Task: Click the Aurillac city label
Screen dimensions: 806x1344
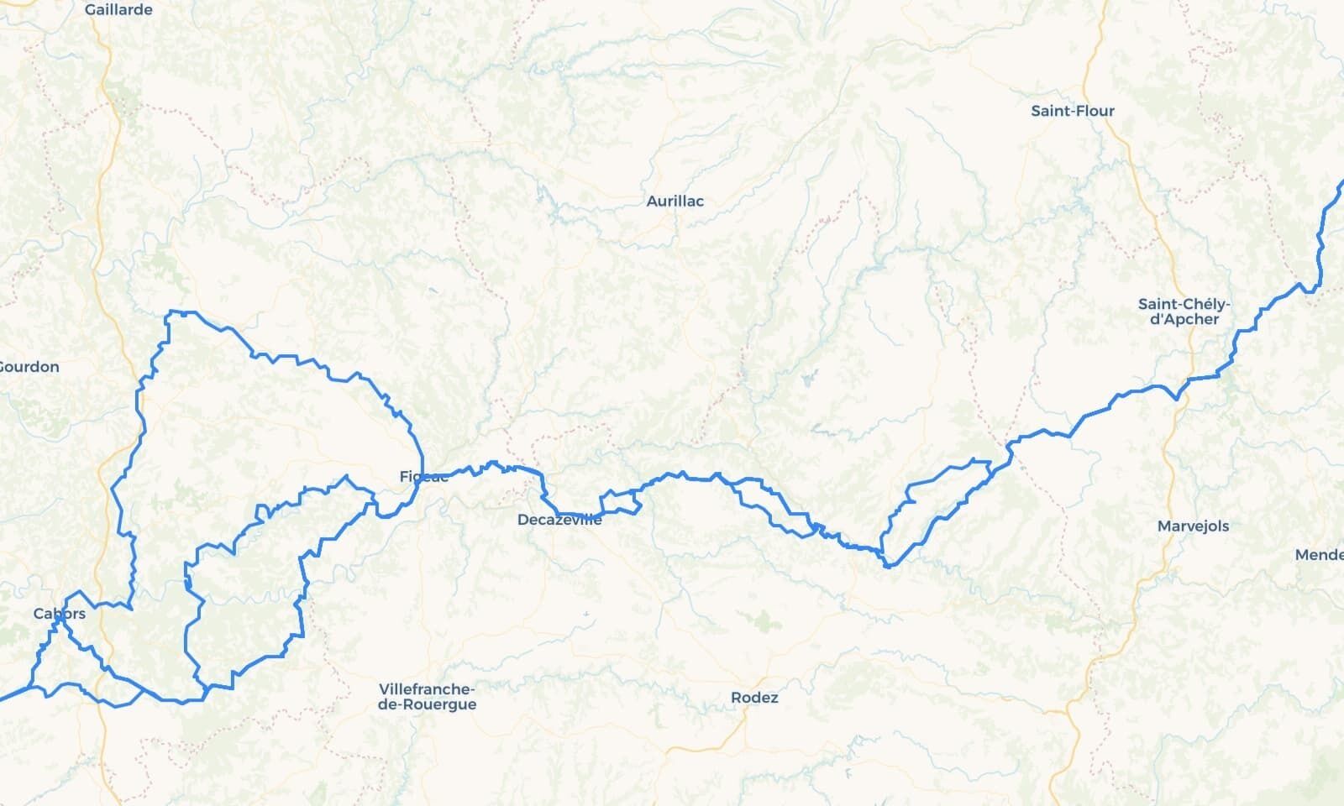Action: click(x=675, y=201)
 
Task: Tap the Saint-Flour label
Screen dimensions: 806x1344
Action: click(x=1073, y=111)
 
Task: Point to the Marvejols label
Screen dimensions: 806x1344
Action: click(x=1193, y=526)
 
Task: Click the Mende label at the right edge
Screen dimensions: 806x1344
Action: click(x=1319, y=555)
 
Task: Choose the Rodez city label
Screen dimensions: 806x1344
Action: click(x=754, y=698)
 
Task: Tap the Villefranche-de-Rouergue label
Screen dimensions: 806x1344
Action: click(x=427, y=697)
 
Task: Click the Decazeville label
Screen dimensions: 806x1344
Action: click(x=559, y=521)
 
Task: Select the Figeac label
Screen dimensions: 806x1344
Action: click(x=423, y=477)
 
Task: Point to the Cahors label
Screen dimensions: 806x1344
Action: click(x=59, y=615)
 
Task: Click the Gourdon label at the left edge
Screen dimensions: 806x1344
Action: click(x=29, y=367)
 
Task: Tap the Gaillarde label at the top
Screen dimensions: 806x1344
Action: click(x=118, y=10)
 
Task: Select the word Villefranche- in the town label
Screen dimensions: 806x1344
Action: click(x=427, y=689)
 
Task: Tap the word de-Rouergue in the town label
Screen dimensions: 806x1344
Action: click(x=427, y=705)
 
